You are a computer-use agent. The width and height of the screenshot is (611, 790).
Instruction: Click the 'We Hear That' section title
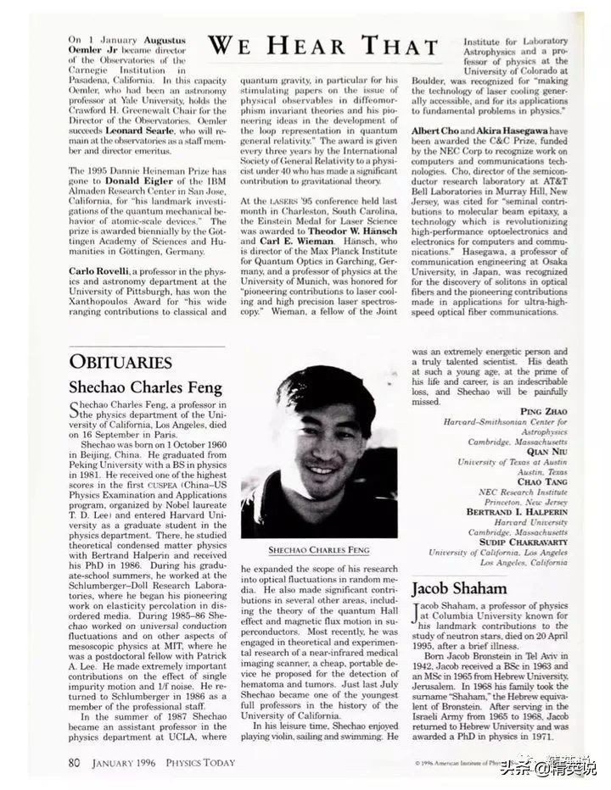pos(328,45)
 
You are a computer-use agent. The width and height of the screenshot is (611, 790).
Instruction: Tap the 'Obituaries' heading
pos(121,362)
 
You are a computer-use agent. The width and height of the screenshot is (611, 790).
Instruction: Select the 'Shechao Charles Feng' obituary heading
pos(145,388)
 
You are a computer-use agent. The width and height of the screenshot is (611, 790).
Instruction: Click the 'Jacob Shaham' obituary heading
pos(459,588)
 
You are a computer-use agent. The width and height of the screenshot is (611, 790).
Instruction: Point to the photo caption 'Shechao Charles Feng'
pos(319,550)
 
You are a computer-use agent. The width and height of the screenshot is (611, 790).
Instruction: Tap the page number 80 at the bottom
pos(76,761)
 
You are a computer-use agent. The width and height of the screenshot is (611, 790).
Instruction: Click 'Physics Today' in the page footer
pos(203,761)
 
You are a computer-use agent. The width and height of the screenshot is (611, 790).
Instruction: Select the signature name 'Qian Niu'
pos(547,452)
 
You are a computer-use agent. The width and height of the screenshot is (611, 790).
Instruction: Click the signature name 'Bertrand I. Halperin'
pos(518,513)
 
